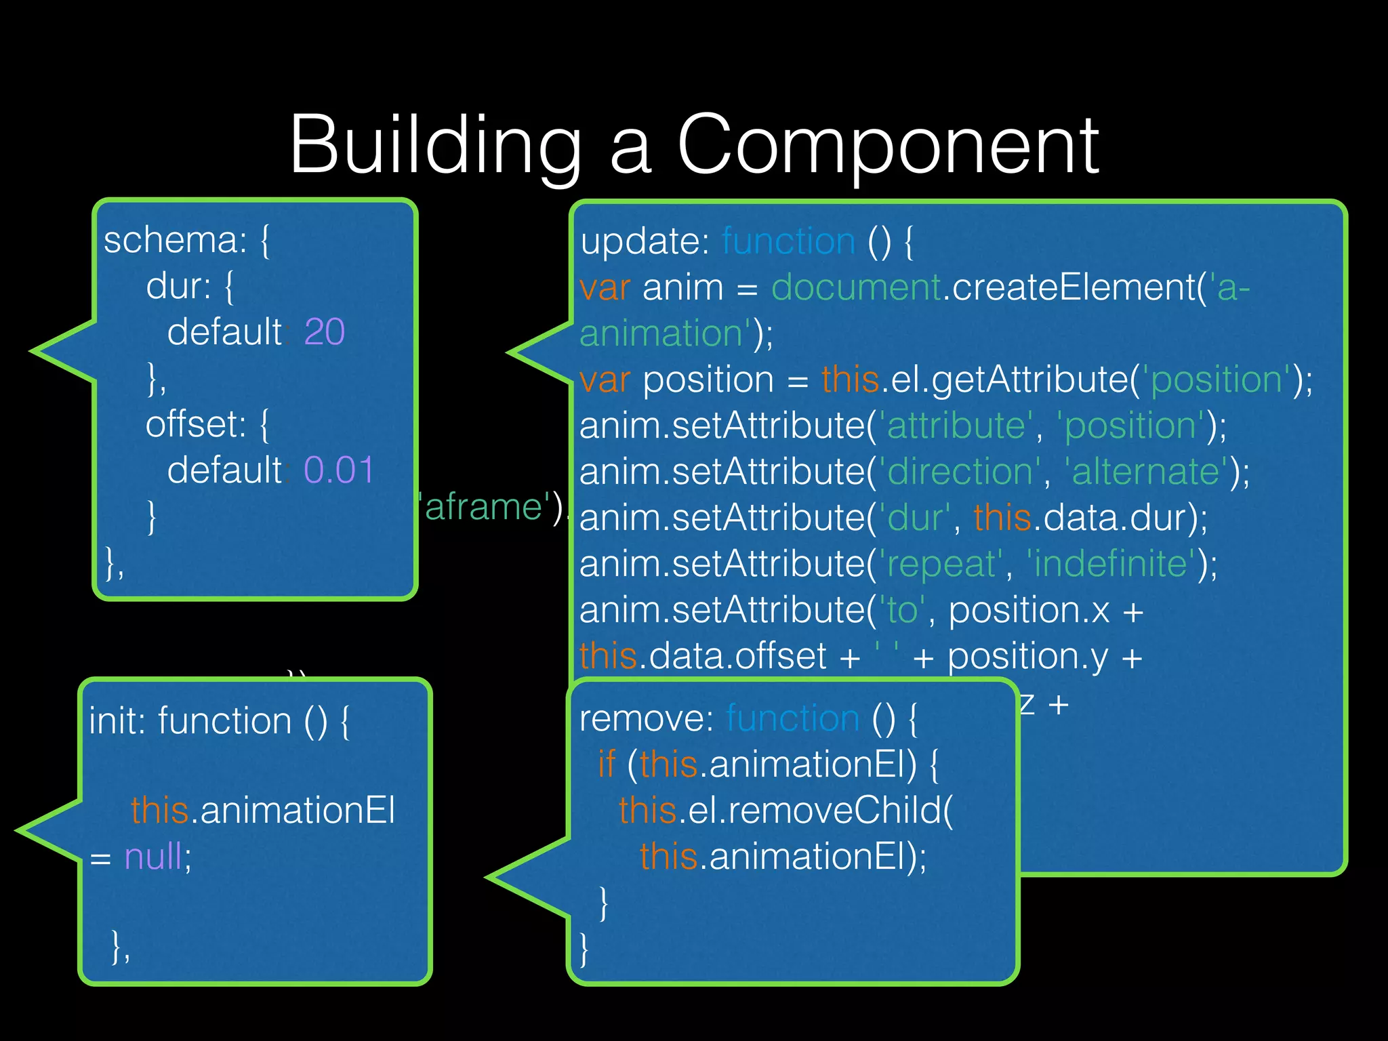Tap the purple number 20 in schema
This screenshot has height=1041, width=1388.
[325, 332]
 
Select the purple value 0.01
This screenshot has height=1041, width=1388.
[339, 470]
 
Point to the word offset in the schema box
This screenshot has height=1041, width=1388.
[195, 424]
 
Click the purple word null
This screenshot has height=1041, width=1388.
[153, 857]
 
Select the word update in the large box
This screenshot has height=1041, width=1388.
[644, 242]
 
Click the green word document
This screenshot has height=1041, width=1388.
[856, 287]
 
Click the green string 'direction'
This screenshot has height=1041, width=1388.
[960, 472]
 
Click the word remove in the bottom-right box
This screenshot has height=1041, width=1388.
[646, 718]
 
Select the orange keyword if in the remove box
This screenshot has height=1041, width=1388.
[606, 764]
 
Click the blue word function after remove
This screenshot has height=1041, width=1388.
[793, 718]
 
